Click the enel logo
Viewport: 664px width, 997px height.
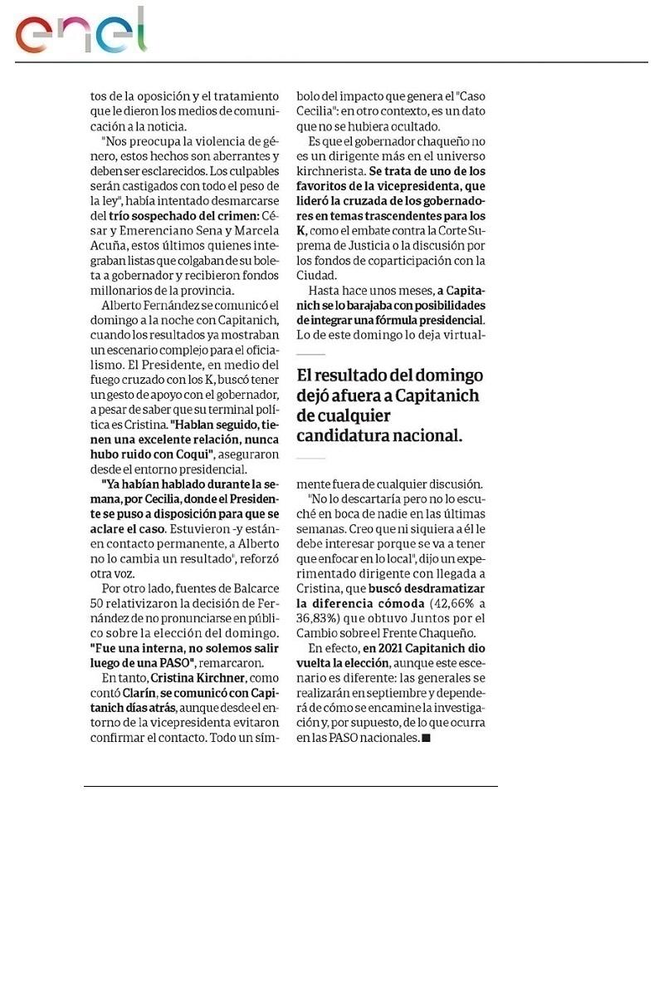(81, 32)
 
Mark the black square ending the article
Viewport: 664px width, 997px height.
(427, 737)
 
